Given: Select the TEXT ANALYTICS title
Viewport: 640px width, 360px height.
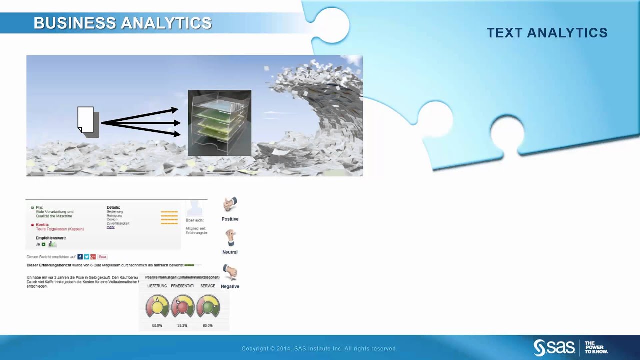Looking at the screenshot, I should coord(547,33).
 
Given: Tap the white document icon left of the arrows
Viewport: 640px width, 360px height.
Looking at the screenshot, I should coord(86,120).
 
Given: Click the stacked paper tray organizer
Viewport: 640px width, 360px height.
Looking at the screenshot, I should coord(219,123).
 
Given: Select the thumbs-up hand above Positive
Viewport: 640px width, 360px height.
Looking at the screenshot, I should coord(230,204).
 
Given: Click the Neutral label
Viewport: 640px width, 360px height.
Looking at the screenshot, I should coord(230,252).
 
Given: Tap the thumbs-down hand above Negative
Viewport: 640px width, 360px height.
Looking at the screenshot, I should coord(230,272).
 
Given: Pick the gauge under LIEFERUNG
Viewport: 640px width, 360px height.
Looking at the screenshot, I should coord(157,306).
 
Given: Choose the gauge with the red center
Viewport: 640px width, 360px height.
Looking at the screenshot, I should coord(182,306).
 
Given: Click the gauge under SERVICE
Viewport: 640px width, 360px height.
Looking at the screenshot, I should coord(208,306).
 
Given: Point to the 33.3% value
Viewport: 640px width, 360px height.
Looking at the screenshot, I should coord(182,326).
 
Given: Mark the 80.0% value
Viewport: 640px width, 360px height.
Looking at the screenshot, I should coord(207,326).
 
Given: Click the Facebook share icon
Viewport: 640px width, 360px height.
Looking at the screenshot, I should coord(80,257).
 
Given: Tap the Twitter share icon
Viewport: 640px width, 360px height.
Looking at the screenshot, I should coord(86,257).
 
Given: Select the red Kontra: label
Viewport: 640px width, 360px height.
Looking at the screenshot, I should coord(42,225).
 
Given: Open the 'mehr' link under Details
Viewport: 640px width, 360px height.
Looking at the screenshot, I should coord(110,227).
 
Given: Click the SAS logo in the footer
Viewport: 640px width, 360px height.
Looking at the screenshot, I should coord(554,347).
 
